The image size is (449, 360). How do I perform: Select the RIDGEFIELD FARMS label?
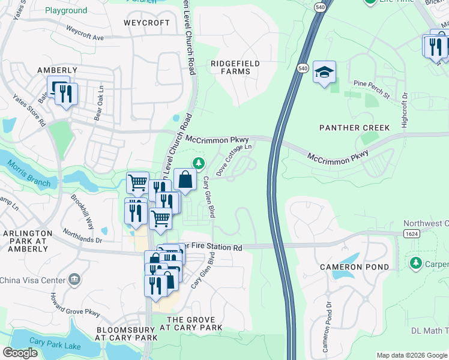click(231, 67)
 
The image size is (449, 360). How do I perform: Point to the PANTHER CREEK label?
click(355, 128)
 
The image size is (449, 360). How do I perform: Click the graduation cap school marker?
click(324, 73)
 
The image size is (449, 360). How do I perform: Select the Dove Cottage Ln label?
click(232, 159)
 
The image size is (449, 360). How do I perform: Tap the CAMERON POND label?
click(354, 266)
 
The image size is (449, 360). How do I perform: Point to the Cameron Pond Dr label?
click(327, 334)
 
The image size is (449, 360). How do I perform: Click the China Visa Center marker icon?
click(74, 278)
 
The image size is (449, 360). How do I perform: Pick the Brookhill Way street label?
click(83, 211)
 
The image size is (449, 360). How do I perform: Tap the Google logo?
click(20, 353)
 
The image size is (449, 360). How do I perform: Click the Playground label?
click(66, 11)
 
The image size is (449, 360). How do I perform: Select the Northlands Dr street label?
click(83, 239)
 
